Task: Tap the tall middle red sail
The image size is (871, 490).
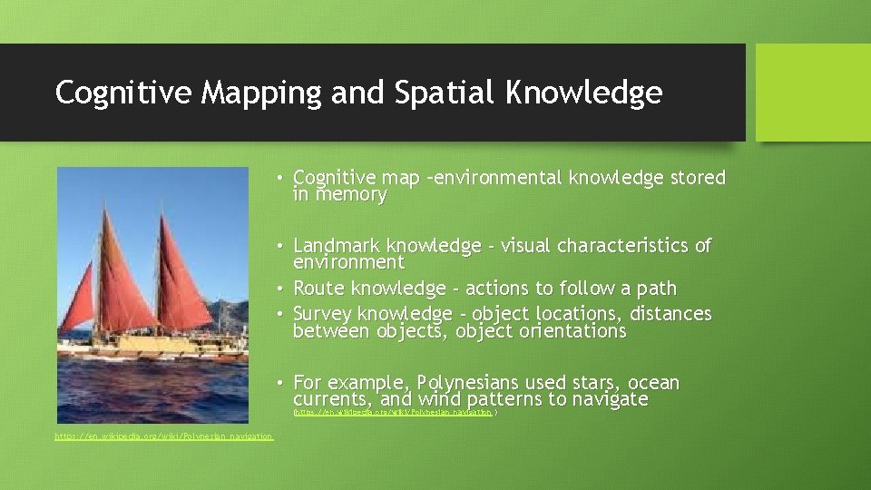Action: (127, 272)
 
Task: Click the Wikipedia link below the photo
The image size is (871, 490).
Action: (163, 436)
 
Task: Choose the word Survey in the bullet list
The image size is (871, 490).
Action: (323, 314)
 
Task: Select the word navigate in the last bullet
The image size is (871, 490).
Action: (607, 399)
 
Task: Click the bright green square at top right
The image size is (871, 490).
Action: (813, 93)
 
